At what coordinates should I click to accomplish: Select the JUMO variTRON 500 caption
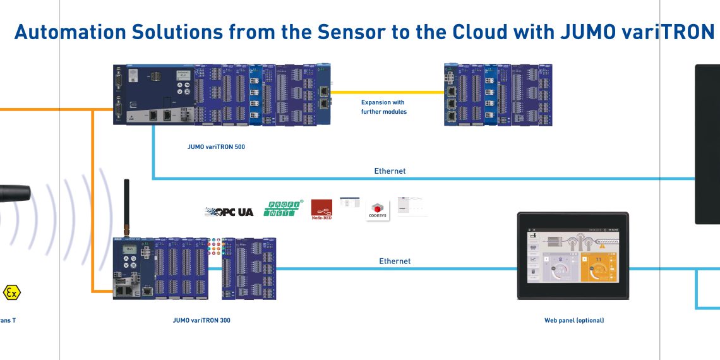(216, 147)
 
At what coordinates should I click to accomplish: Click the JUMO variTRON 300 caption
(201, 320)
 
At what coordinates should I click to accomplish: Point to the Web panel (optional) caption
(574, 320)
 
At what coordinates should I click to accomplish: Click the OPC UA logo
(229, 212)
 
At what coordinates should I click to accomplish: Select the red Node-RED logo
(321, 210)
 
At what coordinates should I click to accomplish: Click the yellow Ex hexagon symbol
(11, 292)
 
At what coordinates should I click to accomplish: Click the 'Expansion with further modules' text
(383, 107)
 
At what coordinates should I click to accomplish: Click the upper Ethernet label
(390, 171)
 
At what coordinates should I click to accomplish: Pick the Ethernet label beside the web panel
(395, 261)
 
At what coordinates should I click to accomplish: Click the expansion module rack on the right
(498, 94)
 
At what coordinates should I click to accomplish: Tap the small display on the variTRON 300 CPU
(129, 250)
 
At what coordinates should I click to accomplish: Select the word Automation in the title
(69, 32)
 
